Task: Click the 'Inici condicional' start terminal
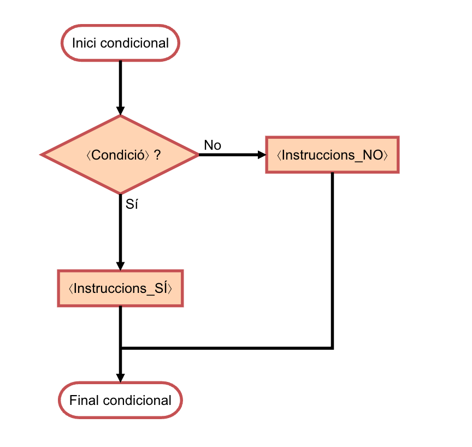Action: click(x=120, y=43)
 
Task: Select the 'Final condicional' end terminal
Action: click(x=120, y=401)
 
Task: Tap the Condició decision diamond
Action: click(x=120, y=155)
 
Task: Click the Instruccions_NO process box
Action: click(x=332, y=155)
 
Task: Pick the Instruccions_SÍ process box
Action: click(x=120, y=288)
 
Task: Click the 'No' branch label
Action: click(x=213, y=145)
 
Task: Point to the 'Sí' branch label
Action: click(x=132, y=205)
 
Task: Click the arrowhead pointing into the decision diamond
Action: click(x=120, y=110)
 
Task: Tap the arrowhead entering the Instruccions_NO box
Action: click(x=261, y=155)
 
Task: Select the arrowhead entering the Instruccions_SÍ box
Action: click(x=120, y=265)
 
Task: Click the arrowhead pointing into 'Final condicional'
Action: click(x=120, y=378)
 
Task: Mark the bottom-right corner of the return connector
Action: click(x=332, y=348)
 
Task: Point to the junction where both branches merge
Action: click(x=120, y=348)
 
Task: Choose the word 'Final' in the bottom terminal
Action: click(x=84, y=401)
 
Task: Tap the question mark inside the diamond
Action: click(x=157, y=155)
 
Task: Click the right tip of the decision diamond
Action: click(x=198, y=155)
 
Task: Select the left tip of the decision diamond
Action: click(x=42, y=155)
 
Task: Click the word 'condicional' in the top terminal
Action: click(x=134, y=43)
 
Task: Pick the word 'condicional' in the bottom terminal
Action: click(x=137, y=401)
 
